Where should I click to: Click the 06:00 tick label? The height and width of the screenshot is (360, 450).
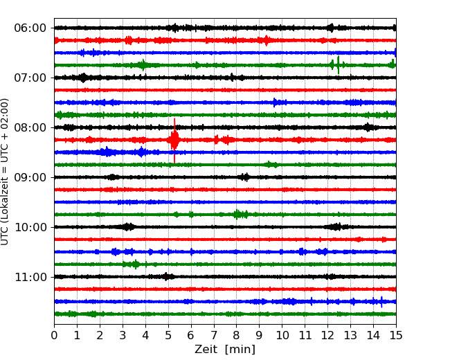[x=30, y=28]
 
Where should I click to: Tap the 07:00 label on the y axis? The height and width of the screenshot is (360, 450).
[x=30, y=78]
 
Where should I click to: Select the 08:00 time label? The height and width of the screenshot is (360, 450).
[x=30, y=127]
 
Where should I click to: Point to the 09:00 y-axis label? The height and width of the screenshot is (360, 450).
[x=30, y=177]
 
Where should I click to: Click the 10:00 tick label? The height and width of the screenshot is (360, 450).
[x=30, y=227]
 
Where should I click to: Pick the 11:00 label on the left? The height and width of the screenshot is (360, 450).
[x=30, y=277]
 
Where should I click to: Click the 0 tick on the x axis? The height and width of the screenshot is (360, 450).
[x=54, y=335]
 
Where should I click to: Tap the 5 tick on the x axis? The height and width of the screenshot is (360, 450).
[x=168, y=335]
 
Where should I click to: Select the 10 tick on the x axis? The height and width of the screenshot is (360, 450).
[x=282, y=335]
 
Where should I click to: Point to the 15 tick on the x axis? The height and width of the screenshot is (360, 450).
[x=396, y=335]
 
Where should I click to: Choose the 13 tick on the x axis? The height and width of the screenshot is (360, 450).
[x=350, y=335]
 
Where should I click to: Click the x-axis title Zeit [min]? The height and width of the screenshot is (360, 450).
[x=225, y=350]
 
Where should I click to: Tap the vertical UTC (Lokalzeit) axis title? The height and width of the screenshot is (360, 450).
[x=5, y=172]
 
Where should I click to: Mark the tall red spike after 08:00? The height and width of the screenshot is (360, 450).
[x=174, y=141]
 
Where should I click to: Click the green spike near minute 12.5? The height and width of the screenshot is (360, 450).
[x=338, y=65]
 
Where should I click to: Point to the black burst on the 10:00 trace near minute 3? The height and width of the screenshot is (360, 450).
[x=127, y=227]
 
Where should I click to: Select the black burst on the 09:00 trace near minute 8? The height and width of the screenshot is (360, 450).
[x=244, y=177]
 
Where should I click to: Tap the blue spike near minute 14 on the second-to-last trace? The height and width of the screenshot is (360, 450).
[x=381, y=302]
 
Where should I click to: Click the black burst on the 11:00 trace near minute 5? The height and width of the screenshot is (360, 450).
[x=166, y=276]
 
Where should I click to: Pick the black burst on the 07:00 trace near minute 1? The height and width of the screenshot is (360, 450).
[x=83, y=78]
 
